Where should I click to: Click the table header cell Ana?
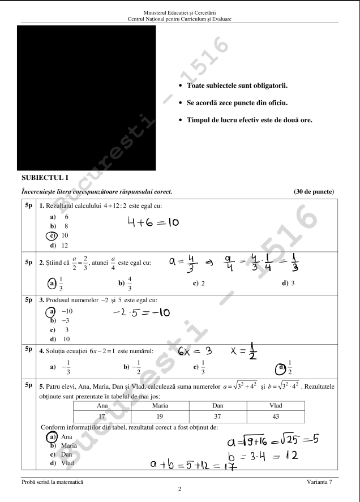point(102,406)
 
